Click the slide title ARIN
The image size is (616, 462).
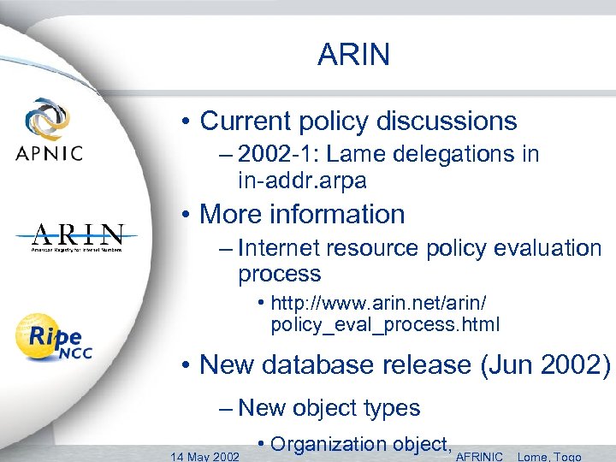click(353, 55)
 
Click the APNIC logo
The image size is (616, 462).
click(49, 130)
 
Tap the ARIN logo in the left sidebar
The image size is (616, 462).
click(78, 237)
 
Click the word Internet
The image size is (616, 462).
click(279, 249)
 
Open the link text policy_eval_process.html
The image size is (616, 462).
click(385, 325)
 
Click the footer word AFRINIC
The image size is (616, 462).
click(480, 456)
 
